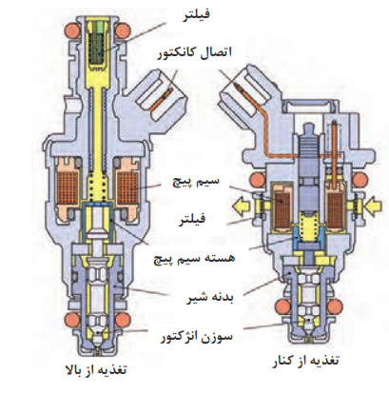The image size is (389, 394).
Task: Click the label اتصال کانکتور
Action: pos(194,52)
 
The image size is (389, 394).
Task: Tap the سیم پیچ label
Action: pos(195,183)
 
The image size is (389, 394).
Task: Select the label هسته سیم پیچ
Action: pos(194,258)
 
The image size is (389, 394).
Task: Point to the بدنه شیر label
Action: pos(209,299)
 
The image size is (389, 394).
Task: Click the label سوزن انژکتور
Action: pos(196,337)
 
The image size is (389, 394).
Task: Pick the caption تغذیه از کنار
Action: pos(306,362)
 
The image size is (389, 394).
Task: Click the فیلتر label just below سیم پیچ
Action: pos(191,218)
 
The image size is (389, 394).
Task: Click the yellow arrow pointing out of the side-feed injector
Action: pos(243,207)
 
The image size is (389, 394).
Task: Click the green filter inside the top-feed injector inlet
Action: pos(98,47)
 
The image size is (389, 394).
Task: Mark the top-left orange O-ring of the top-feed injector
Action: pos(72,30)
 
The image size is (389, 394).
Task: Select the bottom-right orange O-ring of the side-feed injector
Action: pos(336,306)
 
